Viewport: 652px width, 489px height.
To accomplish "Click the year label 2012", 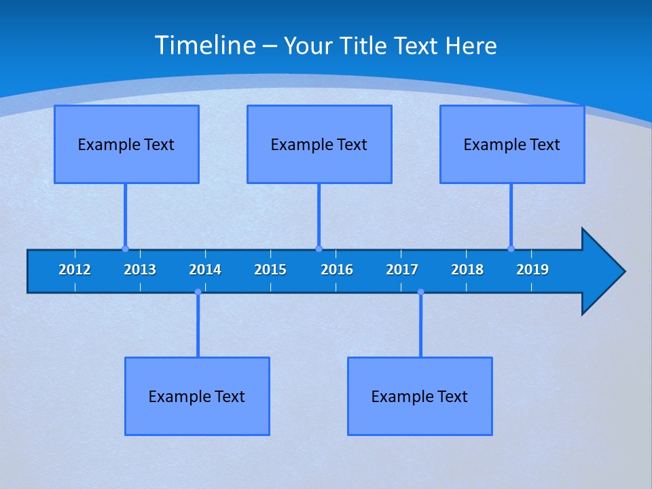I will click(75, 270).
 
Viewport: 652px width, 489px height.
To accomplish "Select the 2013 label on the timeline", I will click(140, 270).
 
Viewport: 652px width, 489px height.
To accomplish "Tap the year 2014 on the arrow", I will click(205, 270).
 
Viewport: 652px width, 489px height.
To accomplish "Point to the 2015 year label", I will click(270, 270).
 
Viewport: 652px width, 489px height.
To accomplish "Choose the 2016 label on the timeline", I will click(337, 270).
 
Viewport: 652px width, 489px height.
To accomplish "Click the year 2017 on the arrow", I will click(402, 270).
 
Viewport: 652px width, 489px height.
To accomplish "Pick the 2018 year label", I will click(467, 270).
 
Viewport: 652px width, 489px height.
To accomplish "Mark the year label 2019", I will click(532, 270).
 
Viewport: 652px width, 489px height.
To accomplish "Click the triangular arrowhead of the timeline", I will click(602, 272).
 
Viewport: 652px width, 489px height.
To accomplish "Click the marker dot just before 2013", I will click(125, 249).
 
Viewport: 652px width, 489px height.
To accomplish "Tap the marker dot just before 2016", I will click(319, 249).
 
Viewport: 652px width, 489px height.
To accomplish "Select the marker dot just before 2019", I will click(511, 249).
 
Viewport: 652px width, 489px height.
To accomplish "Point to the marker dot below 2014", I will click(198, 292).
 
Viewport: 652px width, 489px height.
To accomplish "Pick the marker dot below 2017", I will click(420, 292).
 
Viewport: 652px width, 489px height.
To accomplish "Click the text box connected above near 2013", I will click(126, 144).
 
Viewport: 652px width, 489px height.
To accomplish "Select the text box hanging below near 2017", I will click(420, 396).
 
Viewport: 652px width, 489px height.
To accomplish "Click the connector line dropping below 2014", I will click(198, 326).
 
